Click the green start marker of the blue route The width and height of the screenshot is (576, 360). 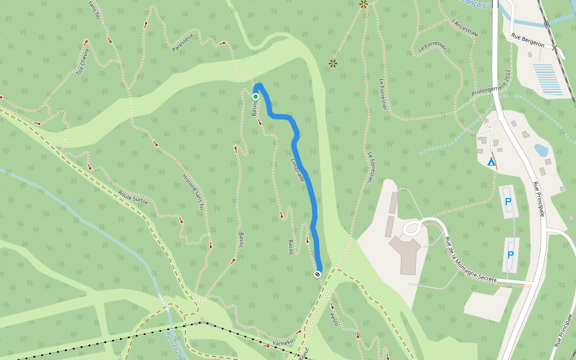[255, 96]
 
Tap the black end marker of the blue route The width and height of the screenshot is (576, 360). [317, 274]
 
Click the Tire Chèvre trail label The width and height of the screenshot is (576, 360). [82, 62]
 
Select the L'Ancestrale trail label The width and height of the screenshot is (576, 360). [466, 28]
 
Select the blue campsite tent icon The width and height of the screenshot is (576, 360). [491, 161]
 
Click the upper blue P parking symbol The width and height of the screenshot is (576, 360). [508, 202]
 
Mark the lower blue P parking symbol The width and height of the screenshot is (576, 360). [511, 254]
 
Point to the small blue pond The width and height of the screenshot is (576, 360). [541, 149]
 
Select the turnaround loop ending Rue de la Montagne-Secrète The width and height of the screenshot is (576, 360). [414, 227]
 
